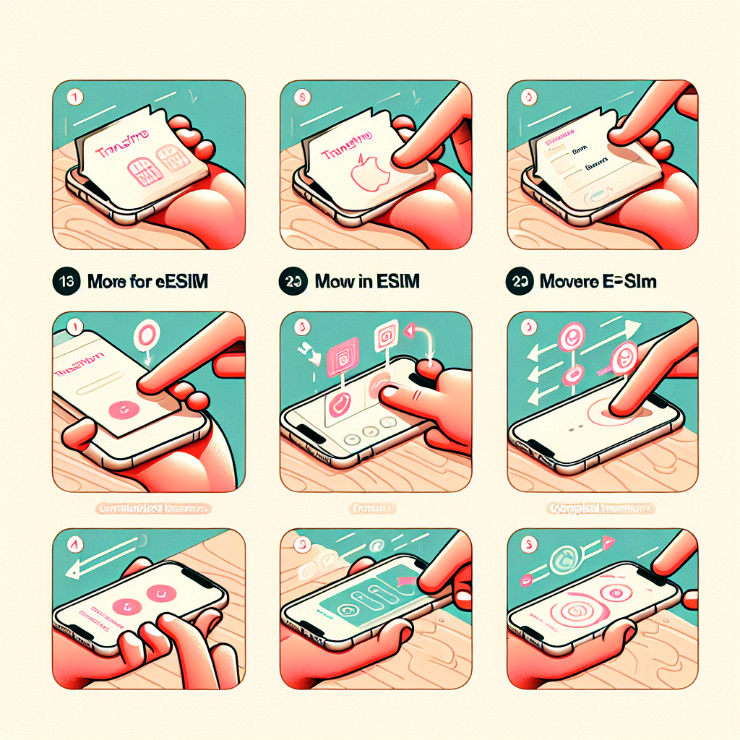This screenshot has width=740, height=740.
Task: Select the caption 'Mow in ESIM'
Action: [367, 282]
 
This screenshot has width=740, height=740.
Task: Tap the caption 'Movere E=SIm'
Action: [598, 282]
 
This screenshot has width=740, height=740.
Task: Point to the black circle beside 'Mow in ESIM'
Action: [291, 282]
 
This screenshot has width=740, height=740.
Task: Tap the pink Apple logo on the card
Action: [367, 177]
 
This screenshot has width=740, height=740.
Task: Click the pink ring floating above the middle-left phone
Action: [145, 335]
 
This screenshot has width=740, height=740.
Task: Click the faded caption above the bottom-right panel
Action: [598, 509]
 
